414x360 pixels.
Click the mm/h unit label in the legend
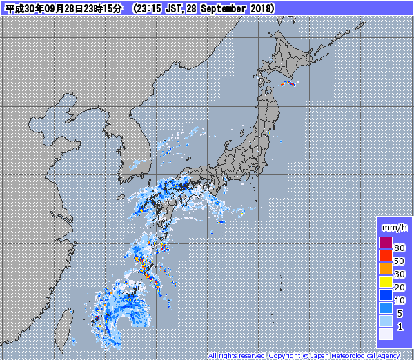(394, 227)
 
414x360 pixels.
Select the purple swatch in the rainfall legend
(386, 242)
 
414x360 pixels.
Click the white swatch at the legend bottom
(386, 334)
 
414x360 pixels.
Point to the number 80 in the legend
(400, 248)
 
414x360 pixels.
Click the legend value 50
(400, 261)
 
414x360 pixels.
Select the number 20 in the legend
(400, 287)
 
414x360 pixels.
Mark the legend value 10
(400, 300)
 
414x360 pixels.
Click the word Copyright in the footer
(284, 356)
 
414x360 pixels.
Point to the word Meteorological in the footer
(354, 356)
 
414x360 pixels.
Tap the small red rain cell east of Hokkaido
(290, 84)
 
